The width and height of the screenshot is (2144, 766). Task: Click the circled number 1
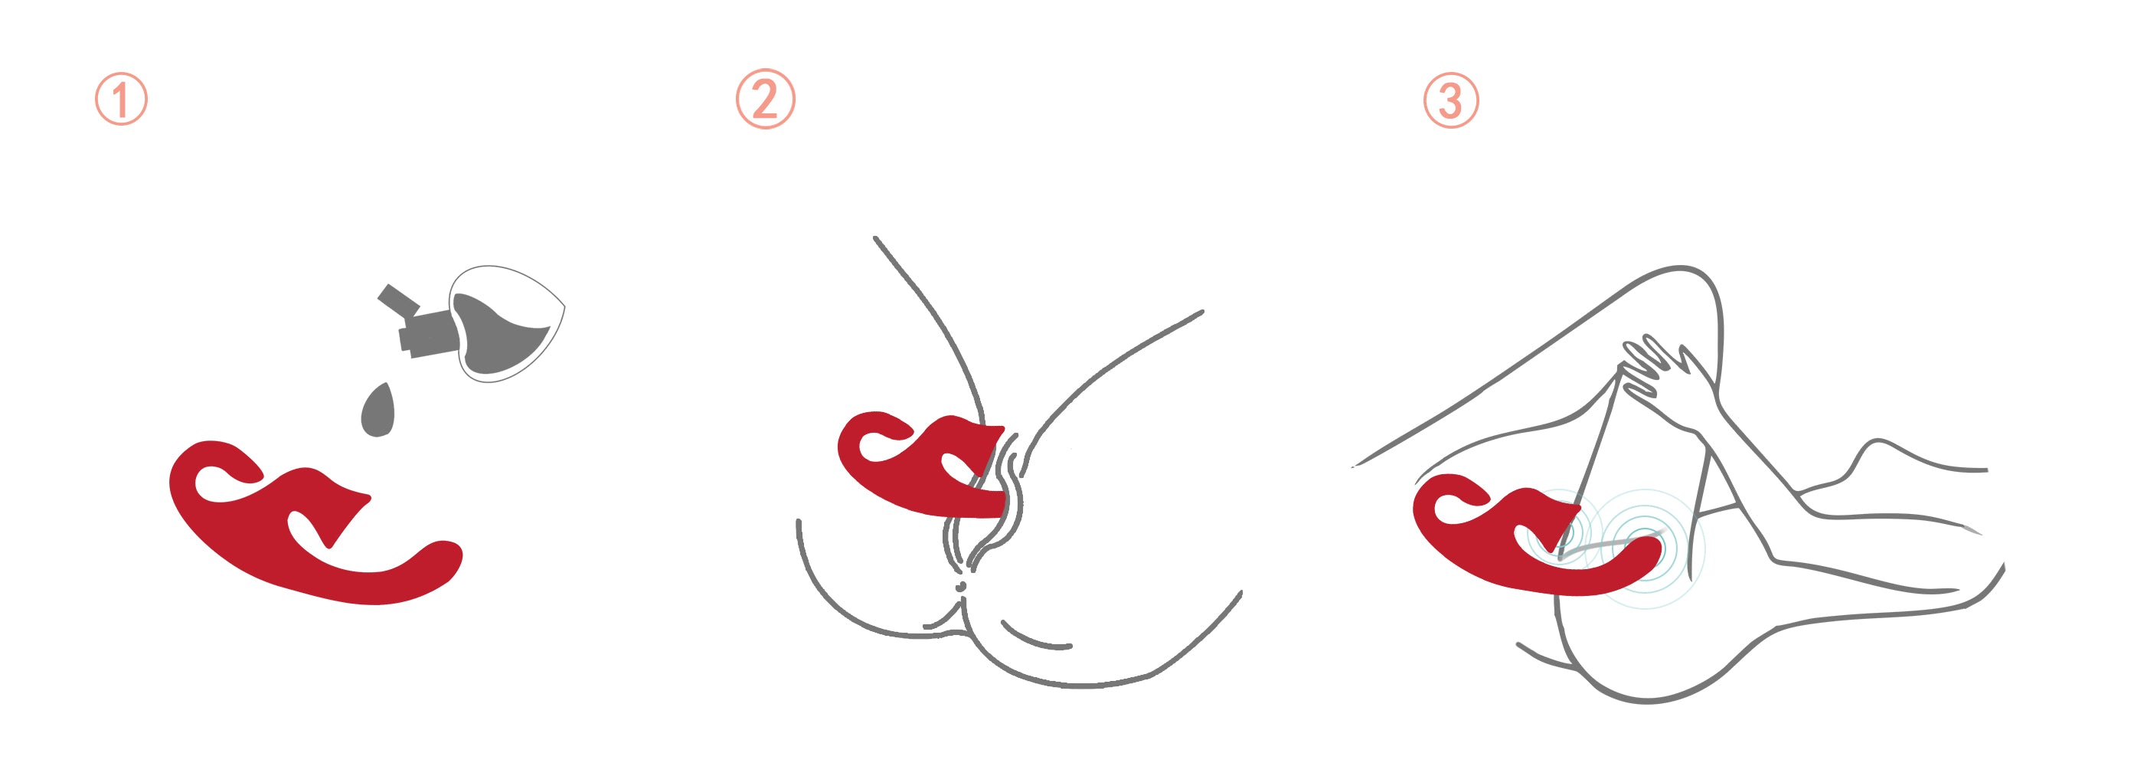click(x=122, y=99)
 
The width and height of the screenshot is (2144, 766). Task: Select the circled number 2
click(x=766, y=99)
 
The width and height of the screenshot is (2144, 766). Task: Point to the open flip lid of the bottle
click(x=398, y=300)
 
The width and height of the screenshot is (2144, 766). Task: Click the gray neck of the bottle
click(x=428, y=333)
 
